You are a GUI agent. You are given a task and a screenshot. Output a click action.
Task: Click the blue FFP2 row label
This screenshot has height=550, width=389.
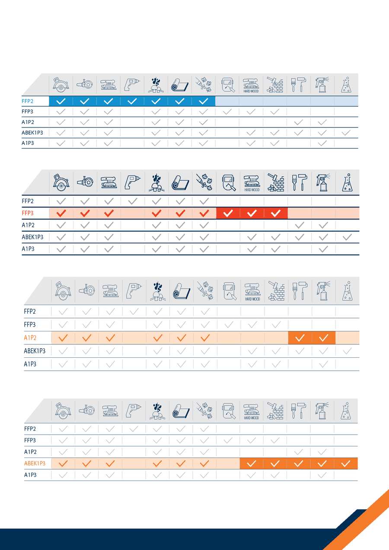click(x=28, y=102)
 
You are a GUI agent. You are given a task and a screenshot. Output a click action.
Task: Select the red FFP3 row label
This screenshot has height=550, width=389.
click(x=28, y=213)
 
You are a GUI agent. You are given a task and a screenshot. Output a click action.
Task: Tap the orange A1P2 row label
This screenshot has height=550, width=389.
click(x=30, y=338)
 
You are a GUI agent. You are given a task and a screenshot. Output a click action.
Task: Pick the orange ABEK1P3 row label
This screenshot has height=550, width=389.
click(x=35, y=464)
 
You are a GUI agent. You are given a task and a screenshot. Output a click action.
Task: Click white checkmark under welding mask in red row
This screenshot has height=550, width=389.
click(x=228, y=213)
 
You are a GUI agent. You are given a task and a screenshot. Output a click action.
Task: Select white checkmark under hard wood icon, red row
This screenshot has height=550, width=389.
click(x=252, y=213)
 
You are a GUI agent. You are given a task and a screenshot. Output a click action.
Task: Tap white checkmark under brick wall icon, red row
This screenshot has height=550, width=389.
click(x=276, y=213)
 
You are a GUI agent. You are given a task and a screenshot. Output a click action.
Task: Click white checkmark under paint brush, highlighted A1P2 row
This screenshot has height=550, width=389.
click(x=300, y=338)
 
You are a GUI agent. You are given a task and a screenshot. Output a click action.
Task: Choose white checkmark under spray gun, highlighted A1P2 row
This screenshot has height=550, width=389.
click(x=323, y=338)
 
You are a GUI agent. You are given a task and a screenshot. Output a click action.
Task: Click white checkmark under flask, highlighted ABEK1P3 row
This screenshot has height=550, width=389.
click(x=346, y=464)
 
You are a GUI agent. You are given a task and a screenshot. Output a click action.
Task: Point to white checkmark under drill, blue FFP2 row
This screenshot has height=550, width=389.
click(x=132, y=102)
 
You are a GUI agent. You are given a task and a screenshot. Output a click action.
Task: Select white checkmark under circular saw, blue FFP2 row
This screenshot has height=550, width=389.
click(x=61, y=102)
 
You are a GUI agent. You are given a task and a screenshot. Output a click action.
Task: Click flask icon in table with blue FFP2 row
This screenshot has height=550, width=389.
click(x=346, y=85)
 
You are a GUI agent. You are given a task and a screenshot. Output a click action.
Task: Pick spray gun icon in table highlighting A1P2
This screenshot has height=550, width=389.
click(x=323, y=290)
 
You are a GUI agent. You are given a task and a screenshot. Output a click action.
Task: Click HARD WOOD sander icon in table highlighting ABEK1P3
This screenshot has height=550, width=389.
click(x=252, y=411)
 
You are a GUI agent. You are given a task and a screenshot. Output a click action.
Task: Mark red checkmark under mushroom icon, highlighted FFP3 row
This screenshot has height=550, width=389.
click(x=156, y=213)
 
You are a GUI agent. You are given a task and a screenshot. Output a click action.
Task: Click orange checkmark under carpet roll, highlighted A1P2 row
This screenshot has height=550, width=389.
click(x=182, y=338)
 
